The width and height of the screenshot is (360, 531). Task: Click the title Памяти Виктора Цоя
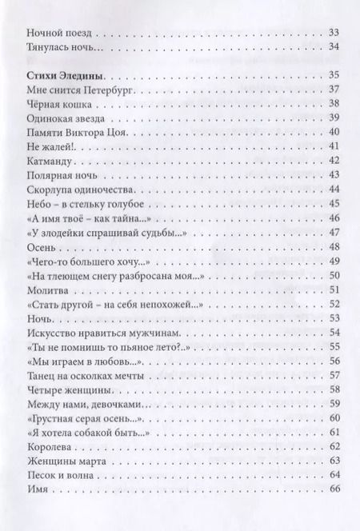(x=76, y=132)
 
